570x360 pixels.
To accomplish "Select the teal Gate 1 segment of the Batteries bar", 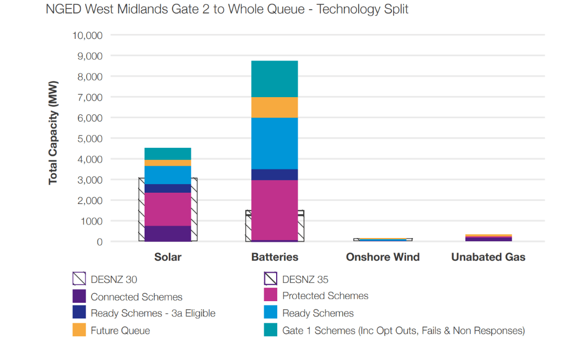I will pos(274,79).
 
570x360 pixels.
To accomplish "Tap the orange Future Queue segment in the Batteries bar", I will pos(274,107).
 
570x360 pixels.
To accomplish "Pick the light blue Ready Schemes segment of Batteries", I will pos(274,143).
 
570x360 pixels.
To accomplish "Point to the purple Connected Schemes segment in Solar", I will pos(168,233).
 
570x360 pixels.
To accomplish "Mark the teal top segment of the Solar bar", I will pos(168,153).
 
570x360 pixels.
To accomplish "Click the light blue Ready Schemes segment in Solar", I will pos(168,175).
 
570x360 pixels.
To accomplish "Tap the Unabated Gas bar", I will pos(489,237).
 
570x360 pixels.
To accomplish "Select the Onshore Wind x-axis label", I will pos(383,257).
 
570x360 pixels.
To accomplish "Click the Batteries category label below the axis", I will pos(274,257).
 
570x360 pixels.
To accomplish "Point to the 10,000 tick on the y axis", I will pos(87,36).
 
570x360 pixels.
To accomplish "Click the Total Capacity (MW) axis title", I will pos(53,133).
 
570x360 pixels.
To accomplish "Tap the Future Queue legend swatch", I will pos(79,330).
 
